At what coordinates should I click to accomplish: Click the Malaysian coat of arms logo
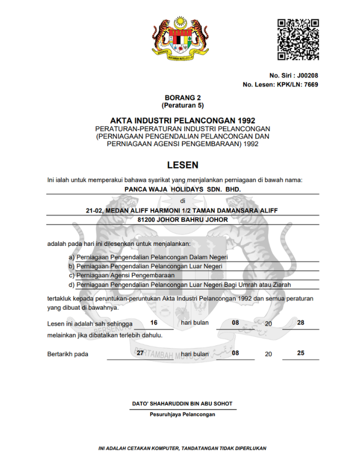pos(179,39)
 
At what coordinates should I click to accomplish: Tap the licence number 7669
pos(311,85)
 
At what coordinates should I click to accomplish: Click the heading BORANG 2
pos(183,98)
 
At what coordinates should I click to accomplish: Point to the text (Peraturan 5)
pos(183,105)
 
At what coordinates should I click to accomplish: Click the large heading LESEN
pos(183,165)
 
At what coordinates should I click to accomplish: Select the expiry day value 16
pos(154,323)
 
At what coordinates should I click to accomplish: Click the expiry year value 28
pos(301,323)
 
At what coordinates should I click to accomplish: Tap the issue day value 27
pos(140,353)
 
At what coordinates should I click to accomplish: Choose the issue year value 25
pos(301,353)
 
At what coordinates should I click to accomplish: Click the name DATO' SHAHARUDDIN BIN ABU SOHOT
pos(183,404)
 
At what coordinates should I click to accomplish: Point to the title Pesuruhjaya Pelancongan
pos(183,414)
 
